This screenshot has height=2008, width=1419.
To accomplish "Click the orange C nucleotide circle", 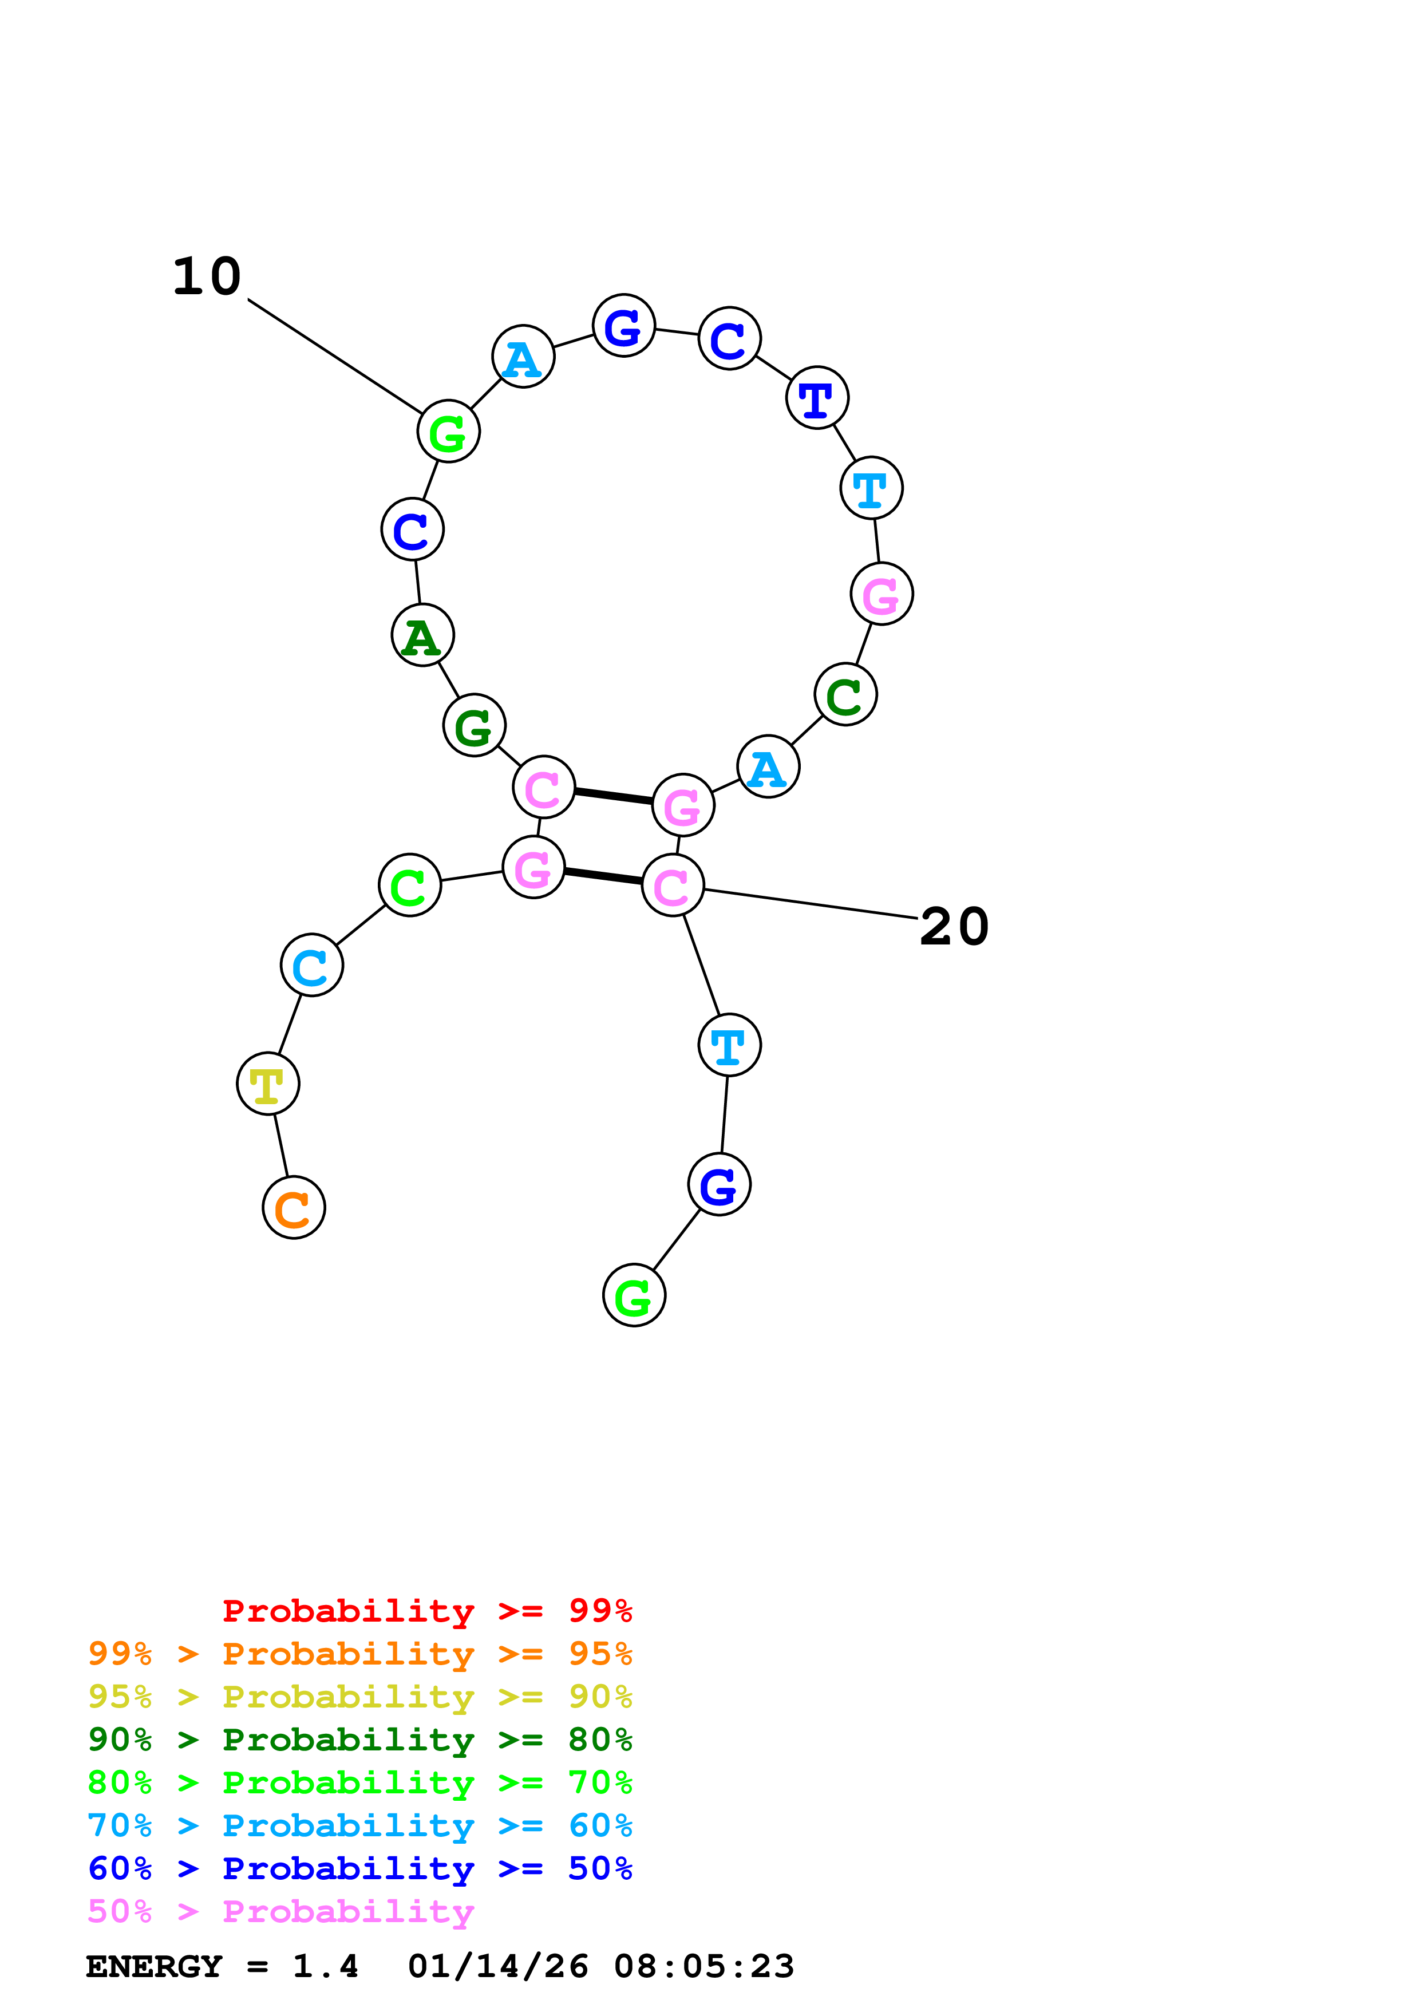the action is point(294,1208).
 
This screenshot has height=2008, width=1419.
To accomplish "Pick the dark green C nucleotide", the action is point(845,694).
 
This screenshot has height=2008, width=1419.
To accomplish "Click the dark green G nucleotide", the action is point(475,725).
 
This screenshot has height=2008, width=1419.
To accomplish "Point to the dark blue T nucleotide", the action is point(817,398).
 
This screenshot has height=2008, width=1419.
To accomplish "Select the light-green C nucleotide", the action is point(410,885).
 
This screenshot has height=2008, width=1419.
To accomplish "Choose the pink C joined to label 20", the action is point(673,886).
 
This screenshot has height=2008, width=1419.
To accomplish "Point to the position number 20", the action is point(955,927).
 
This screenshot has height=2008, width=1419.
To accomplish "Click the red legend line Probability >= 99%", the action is point(426,1611).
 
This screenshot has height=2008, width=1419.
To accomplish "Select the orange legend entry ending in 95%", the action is point(360,1654).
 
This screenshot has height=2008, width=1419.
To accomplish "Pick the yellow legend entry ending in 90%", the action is point(360,1697).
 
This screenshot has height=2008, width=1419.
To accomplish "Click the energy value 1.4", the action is point(325,1966).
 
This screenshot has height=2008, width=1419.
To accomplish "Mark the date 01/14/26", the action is point(499,1966).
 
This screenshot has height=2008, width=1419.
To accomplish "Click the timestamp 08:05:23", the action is point(704,1966).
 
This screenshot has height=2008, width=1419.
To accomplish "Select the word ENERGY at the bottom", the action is point(154,1966).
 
